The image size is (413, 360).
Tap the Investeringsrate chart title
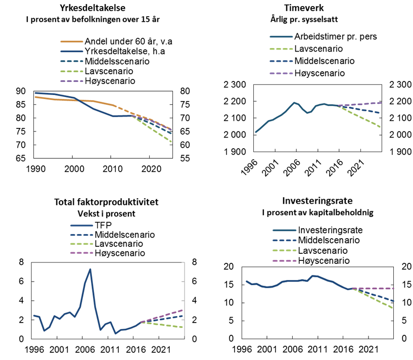pyautogui.click(x=318, y=201)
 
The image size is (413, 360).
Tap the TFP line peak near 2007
pyautogui.click(x=90, y=269)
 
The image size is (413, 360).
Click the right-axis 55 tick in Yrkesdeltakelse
pyautogui.click(x=186, y=158)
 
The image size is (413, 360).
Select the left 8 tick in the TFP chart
pyautogui.click(x=21, y=262)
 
